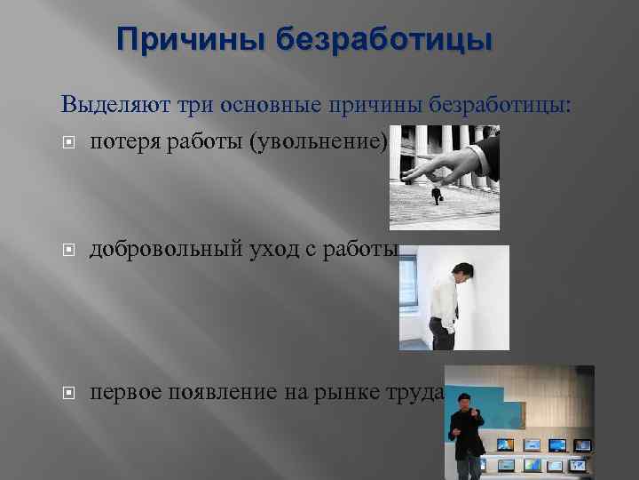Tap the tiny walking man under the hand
click(437, 196)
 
